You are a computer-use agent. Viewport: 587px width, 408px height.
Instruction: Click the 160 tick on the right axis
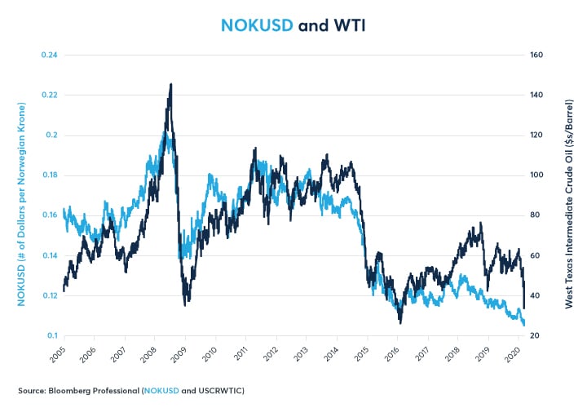coord(536,55)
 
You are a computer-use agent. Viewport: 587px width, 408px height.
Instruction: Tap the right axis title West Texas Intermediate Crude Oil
coord(568,196)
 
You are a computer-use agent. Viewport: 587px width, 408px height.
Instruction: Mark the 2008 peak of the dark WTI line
coord(170,84)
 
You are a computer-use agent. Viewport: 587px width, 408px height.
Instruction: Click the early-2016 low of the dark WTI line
coord(400,322)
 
